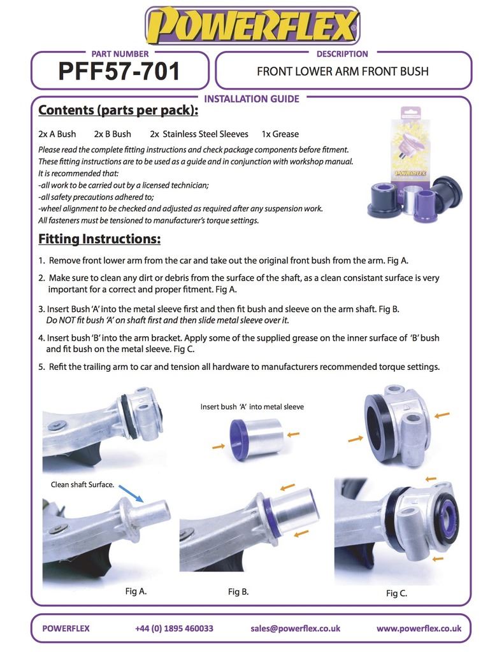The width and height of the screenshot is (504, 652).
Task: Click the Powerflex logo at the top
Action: tap(252, 25)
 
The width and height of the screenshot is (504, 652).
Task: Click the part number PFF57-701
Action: tap(119, 71)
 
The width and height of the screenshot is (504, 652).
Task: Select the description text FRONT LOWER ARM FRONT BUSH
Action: tap(343, 71)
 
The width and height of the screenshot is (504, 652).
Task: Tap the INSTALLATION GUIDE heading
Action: tap(252, 99)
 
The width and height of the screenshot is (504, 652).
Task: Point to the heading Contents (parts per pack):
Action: tap(119, 110)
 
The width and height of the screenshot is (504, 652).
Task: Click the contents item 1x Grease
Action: tap(280, 134)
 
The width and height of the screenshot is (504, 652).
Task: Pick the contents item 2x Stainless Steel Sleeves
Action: tap(199, 134)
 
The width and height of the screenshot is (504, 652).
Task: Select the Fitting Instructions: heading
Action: tap(99, 239)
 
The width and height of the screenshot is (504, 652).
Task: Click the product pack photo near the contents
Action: tap(415, 164)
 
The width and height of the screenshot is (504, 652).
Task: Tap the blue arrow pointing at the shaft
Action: tap(131, 493)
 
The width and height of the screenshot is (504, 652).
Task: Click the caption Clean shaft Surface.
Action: tap(82, 485)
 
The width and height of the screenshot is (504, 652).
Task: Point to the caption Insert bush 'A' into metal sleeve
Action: tap(252, 407)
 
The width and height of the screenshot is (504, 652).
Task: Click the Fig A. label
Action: tap(136, 591)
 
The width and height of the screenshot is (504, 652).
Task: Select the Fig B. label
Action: tap(238, 592)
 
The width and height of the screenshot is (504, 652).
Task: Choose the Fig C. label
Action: tap(396, 593)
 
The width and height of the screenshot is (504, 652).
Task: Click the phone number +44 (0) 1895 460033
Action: tap(174, 628)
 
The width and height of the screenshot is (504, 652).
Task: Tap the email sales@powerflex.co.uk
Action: tap(296, 628)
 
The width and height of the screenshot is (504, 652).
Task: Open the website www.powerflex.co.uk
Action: tap(419, 628)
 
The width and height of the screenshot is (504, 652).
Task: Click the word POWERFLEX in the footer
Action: tap(66, 628)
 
